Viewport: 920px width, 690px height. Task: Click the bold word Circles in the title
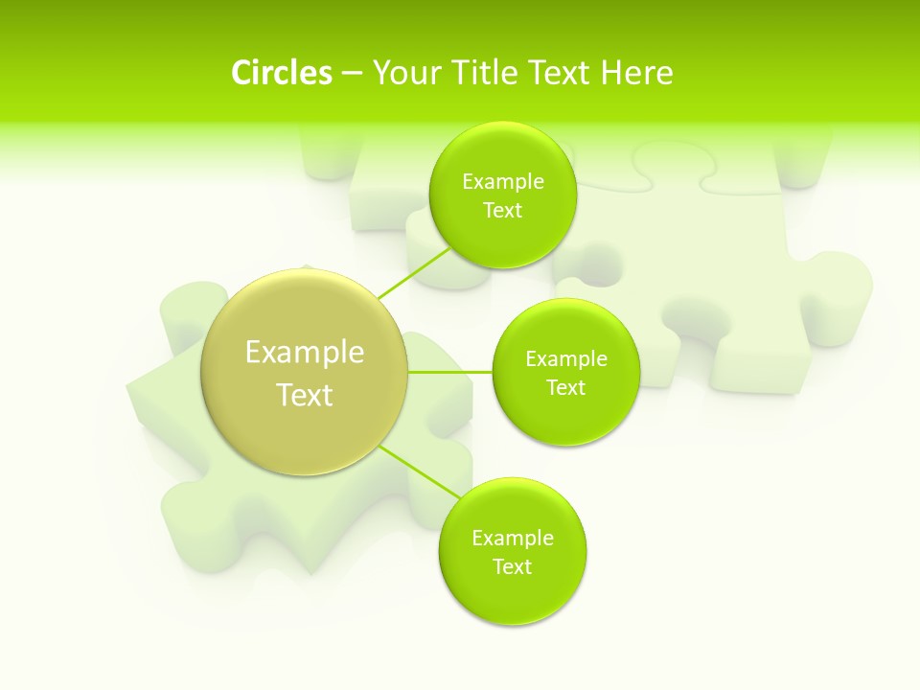tap(282, 73)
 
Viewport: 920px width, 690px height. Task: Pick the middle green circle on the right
tap(566, 422)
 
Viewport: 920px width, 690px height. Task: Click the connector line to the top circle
tap(415, 273)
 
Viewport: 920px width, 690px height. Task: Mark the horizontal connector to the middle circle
tap(450, 371)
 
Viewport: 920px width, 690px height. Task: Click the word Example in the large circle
tap(305, 353)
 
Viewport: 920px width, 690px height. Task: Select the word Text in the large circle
tap(305, 395)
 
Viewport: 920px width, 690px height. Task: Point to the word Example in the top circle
tap(503, 182)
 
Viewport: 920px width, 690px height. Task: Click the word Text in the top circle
tap(502, 211)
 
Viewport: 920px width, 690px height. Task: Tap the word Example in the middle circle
tap(566, 359)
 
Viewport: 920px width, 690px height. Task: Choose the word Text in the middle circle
tap(566, 388)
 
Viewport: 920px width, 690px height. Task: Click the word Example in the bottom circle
tap(513, 539)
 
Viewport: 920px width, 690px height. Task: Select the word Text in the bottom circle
tap(513, 567)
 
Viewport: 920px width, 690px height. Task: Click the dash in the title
tap(352, 73)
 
